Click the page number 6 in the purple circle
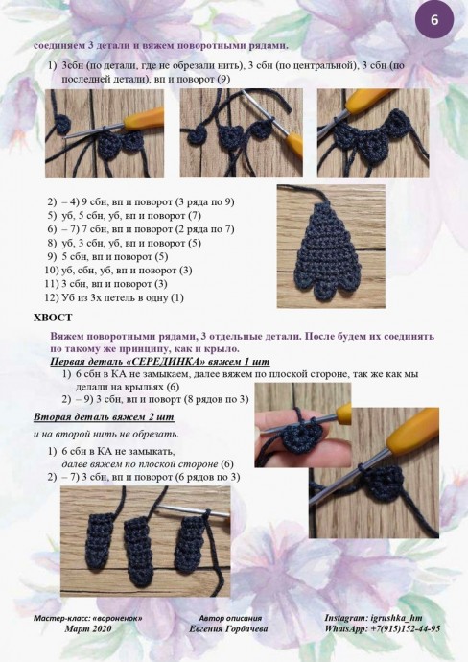[x=434, y=20]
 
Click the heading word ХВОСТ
[x=53, y=318]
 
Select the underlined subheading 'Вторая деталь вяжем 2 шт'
[x=104, y=417]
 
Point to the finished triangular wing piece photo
[x=331, y=247]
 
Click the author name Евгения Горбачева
[x=228, y=628]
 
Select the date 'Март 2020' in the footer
[x=88, y=628]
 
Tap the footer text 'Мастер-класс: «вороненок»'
[x=88, y=618]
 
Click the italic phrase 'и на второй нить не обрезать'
[x=106, y=434]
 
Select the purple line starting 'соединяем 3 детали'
[x=161, y=46]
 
